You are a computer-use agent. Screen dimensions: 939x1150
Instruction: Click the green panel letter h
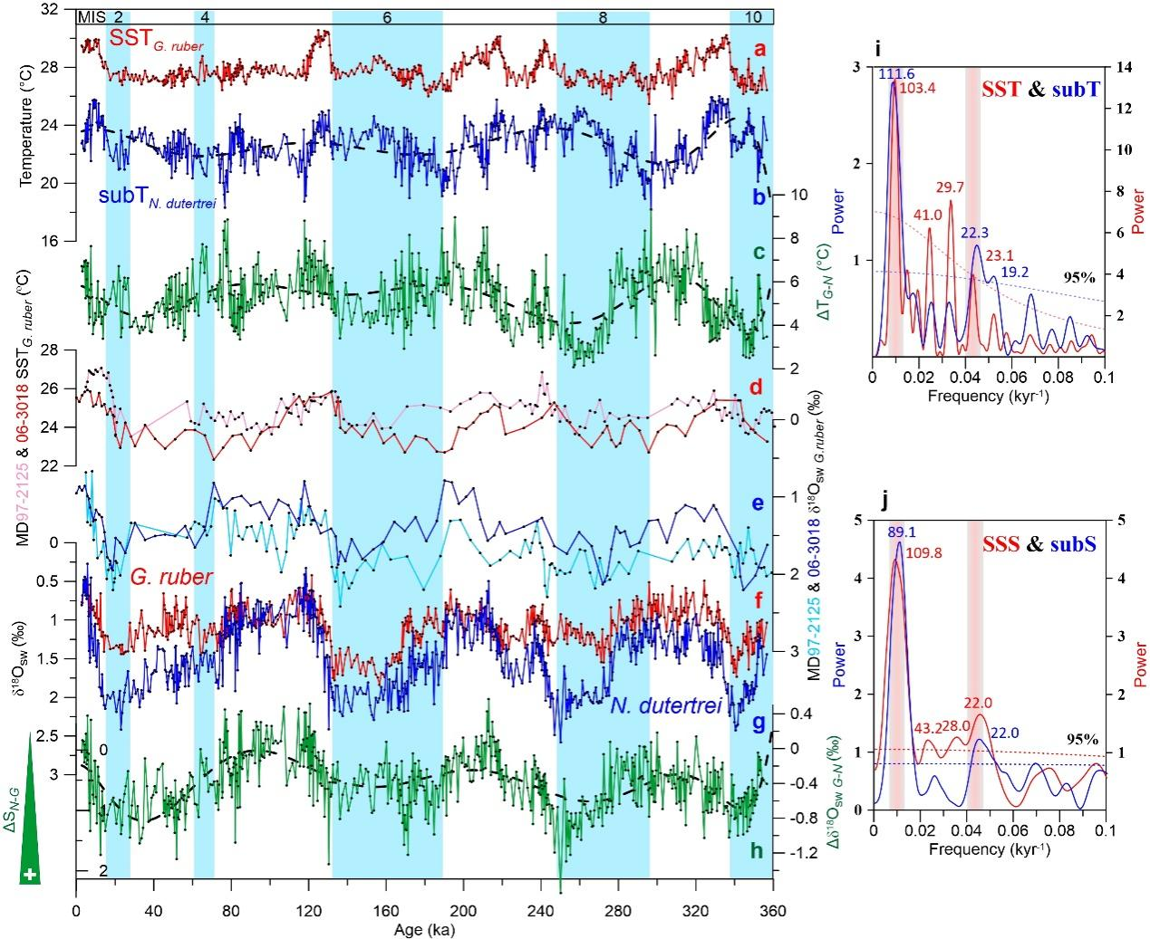point(759,851)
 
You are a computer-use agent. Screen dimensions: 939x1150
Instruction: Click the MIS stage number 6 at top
point(387,17)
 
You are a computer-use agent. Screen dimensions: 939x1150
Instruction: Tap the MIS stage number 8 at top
point(603,17)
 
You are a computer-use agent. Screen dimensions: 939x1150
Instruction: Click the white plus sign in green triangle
point(31,874)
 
